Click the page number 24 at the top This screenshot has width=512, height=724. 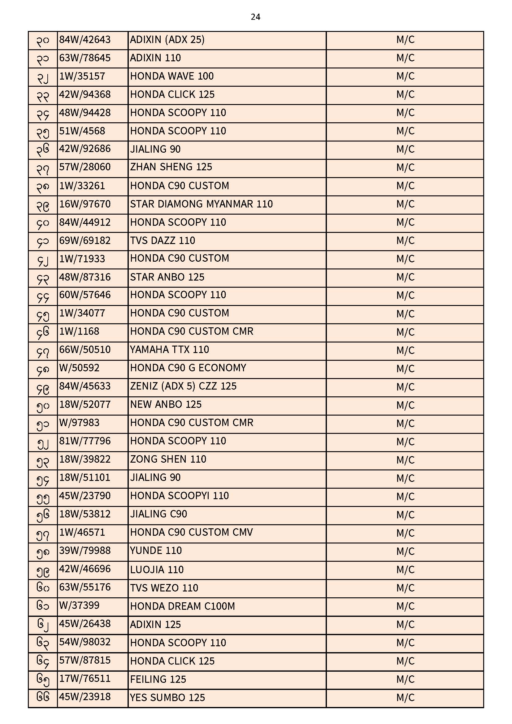[x=255, y=17]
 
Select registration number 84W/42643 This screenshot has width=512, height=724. [x=85, y=40]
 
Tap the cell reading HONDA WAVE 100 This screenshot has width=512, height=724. [x=172, y=76]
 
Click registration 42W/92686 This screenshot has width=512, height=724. [x=85, y=149]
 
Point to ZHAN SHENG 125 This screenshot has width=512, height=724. [x=171, y=167]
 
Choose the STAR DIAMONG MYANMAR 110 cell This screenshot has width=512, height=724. [x=202, y=204]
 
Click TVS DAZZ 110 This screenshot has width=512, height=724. [x=163, y=241]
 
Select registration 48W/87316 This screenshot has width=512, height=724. [x=85, y=277]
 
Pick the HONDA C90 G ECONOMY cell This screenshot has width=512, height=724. [x=188, y=368]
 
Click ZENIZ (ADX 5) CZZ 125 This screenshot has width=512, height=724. [x=183, y=386]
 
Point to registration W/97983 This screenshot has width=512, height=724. [x=80, y=423]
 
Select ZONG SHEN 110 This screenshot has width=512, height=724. [x=168, y=459]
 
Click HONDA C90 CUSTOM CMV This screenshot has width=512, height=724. [x=191, y=532]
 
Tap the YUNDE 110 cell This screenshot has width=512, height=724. [x=156, y=551]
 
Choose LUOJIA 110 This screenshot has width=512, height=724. [x=157, y=569]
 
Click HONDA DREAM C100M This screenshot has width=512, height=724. [x=183, y=606]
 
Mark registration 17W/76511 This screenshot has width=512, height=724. [x=85, y=679]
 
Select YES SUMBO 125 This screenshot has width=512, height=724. [x=167, y=697]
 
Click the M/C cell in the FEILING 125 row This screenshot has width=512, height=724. [x=405, y=679]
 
